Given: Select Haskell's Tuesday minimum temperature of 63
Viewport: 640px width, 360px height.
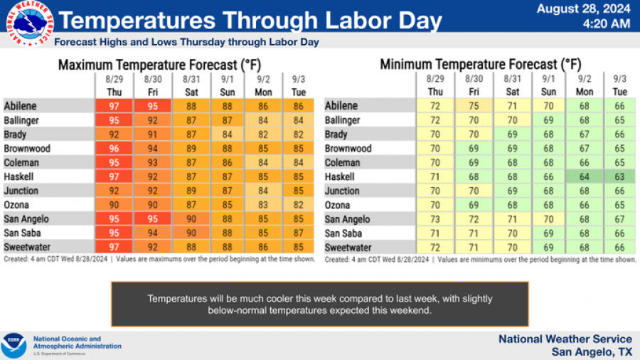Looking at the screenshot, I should pyautogui.click(x=620, y=176).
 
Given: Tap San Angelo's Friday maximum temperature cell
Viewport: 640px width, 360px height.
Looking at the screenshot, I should pyautogui.click(x=153, y=219).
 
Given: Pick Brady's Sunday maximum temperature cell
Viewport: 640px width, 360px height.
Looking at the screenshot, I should pyautogui.click(x=227, y=134).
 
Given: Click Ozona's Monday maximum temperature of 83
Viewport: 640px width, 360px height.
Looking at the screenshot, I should pyautogui.click(x=263, y=205).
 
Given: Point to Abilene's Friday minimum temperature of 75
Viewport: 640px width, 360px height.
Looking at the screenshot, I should pyautogui.click(x=474, y=106).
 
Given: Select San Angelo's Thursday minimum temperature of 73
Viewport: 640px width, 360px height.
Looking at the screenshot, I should pyautogui.click(x=436, y=219).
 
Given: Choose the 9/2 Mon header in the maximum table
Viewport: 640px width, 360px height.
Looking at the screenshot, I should pyautogui.click(x=263, y=85).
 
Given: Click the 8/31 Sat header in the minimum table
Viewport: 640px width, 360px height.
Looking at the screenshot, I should pyautogui.click(x=512, y=85).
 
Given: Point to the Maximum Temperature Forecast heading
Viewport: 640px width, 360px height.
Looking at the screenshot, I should pyautogui.click(x=159, y=65).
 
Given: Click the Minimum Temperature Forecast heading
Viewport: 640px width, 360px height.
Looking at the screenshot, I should pyautogui.click(x=481, y=65).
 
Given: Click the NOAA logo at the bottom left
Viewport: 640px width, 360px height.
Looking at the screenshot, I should pyautogui.click(x=14, y=345).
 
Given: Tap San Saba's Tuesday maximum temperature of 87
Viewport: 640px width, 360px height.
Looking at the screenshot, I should pyautogui.click(x=299, y=233).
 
